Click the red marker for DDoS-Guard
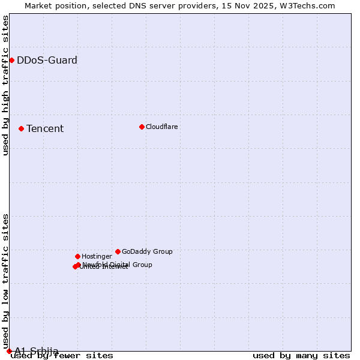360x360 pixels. (11, 60)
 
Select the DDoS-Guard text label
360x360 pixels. (47, 60)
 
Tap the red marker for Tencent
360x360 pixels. (21, 128)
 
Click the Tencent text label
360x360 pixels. (45, 128)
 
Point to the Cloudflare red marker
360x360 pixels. (142, 127)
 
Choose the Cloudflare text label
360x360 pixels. (162, 127)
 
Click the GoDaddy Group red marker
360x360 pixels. (118, 251)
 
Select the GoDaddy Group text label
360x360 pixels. (147, 251)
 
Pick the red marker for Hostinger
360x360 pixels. (77, 256)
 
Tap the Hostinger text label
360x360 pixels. (97, 256)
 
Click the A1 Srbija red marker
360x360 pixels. (9, 351)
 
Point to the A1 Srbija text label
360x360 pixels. (37, 350)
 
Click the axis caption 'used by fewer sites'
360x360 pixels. (62, 356)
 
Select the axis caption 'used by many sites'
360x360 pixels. (301, 356)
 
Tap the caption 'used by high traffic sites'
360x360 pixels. (6, 85)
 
